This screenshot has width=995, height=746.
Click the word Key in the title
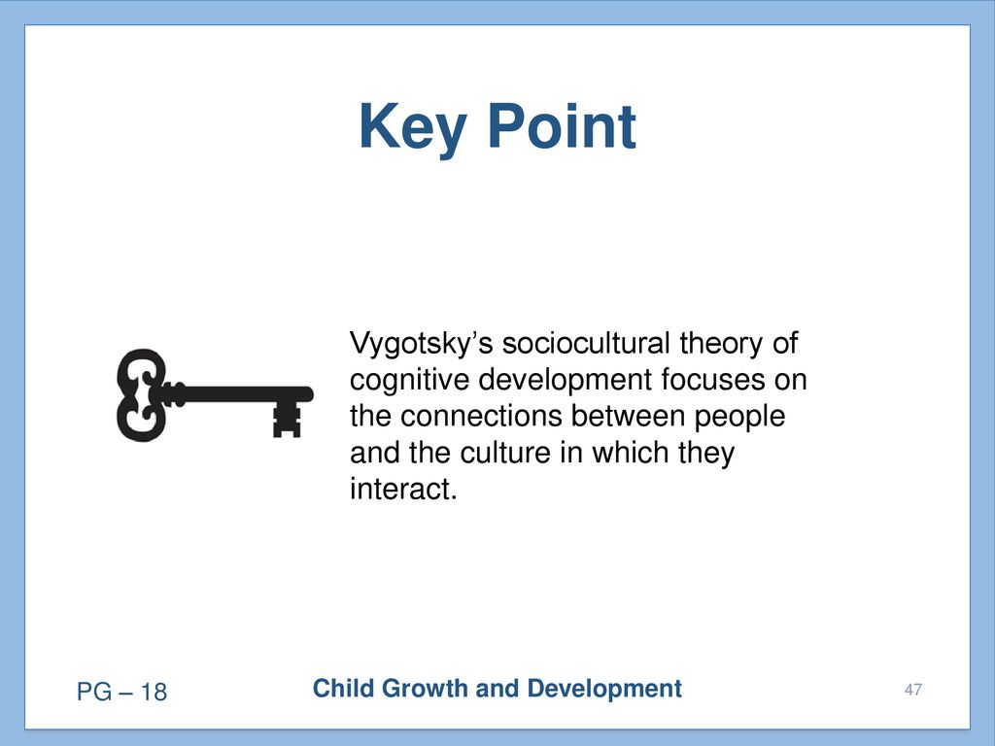[x=413, y=130]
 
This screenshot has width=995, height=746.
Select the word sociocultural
[x=586, y=343]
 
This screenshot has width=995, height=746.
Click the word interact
[x=403, y=490]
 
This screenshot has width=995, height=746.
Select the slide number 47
[x=913, y=690]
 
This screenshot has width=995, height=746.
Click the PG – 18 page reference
[x=121, y=692]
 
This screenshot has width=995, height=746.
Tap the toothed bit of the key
[x=287, y=421]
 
